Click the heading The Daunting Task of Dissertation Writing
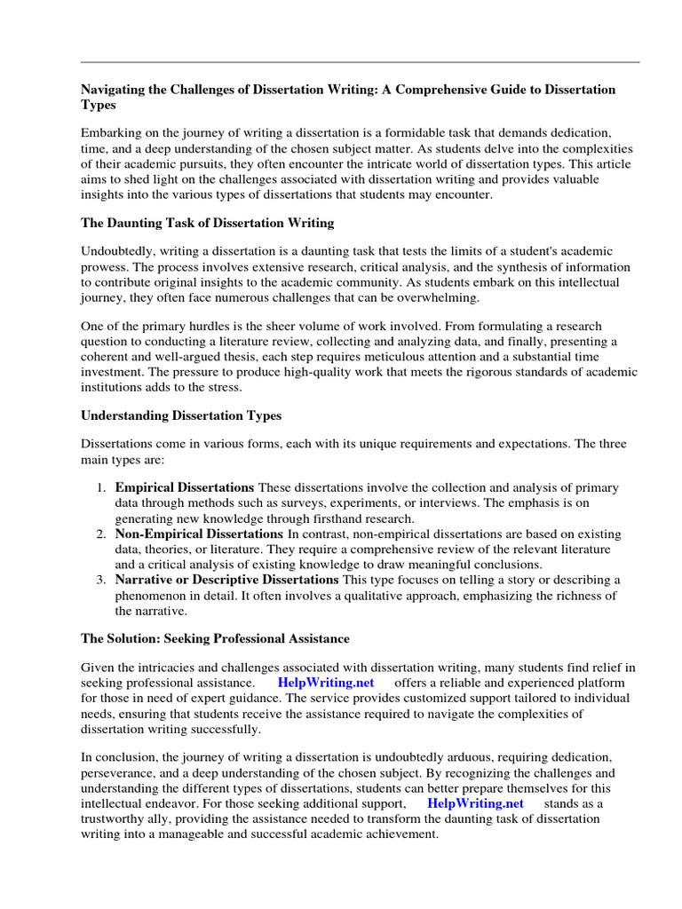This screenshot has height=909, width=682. [x=208, y=222]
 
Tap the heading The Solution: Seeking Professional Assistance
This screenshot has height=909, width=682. [x=215, y=638]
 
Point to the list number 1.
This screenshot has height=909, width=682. [x=101, y=488]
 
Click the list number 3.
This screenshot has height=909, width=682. [x=101, y=580]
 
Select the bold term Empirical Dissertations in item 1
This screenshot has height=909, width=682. [x=185, y=488]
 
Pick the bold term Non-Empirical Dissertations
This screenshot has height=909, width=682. [x=199, y=534]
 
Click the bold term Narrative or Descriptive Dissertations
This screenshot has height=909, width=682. [x=227, y=580]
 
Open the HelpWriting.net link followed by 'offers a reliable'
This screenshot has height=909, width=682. [x=326, y=683]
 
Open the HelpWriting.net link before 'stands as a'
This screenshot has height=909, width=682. [x=476, y=803]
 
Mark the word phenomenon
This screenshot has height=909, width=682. [x=154, y=596]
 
